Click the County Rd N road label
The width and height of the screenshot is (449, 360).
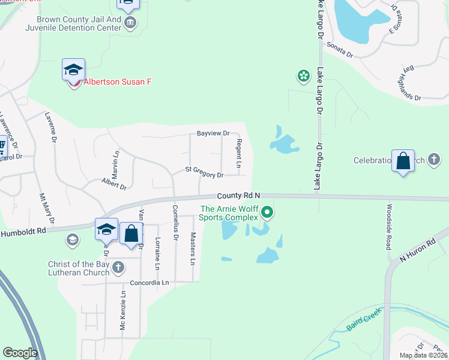pos(239,196)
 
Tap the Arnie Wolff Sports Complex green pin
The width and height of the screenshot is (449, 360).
pos(268,212)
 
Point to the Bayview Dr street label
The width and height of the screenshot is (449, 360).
pos(213,133)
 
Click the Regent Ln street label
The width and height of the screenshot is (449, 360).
pos(238,154)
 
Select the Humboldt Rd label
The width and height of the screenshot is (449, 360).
pos(23,231)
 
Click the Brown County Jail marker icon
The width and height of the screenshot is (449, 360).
pos(130,23)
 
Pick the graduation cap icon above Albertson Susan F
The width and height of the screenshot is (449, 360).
pos(73,70)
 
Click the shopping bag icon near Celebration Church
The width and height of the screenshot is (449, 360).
pos(403,160)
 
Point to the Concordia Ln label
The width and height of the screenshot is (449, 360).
pos(149,282)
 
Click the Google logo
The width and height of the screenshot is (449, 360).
pos(20,353)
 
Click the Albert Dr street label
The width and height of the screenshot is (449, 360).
pos(113,183)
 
